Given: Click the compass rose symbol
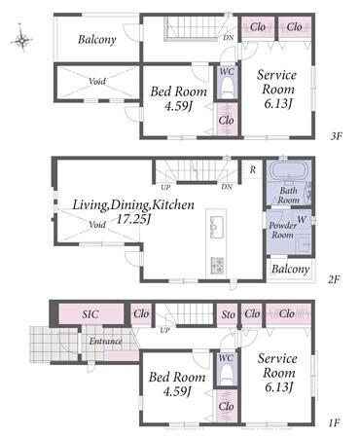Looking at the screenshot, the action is click(21, 40).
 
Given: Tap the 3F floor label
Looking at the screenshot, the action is click(336, 136).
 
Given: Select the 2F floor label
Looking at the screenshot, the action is click(334, 279).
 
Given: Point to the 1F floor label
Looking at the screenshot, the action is click(334, 422).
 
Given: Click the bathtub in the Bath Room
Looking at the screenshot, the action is click(289, 169).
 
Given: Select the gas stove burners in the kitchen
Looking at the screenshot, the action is click(217, 265).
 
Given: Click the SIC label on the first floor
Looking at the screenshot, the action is click(90, 313).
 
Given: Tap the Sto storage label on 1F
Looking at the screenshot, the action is click(229, 314).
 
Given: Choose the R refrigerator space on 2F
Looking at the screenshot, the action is click(253, 169).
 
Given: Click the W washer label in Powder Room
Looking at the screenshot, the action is click(302, 219).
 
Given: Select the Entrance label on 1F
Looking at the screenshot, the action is click(106, 341).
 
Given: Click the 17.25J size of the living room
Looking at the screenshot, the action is click(133, 220).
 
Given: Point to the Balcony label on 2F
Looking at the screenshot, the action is click(290, 269).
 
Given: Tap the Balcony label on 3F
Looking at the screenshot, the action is click(97, 40).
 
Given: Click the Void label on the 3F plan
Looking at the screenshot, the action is click(97, 81).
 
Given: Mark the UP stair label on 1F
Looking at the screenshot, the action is click(164, 331).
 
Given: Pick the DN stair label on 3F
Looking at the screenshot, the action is click(228, 37).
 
